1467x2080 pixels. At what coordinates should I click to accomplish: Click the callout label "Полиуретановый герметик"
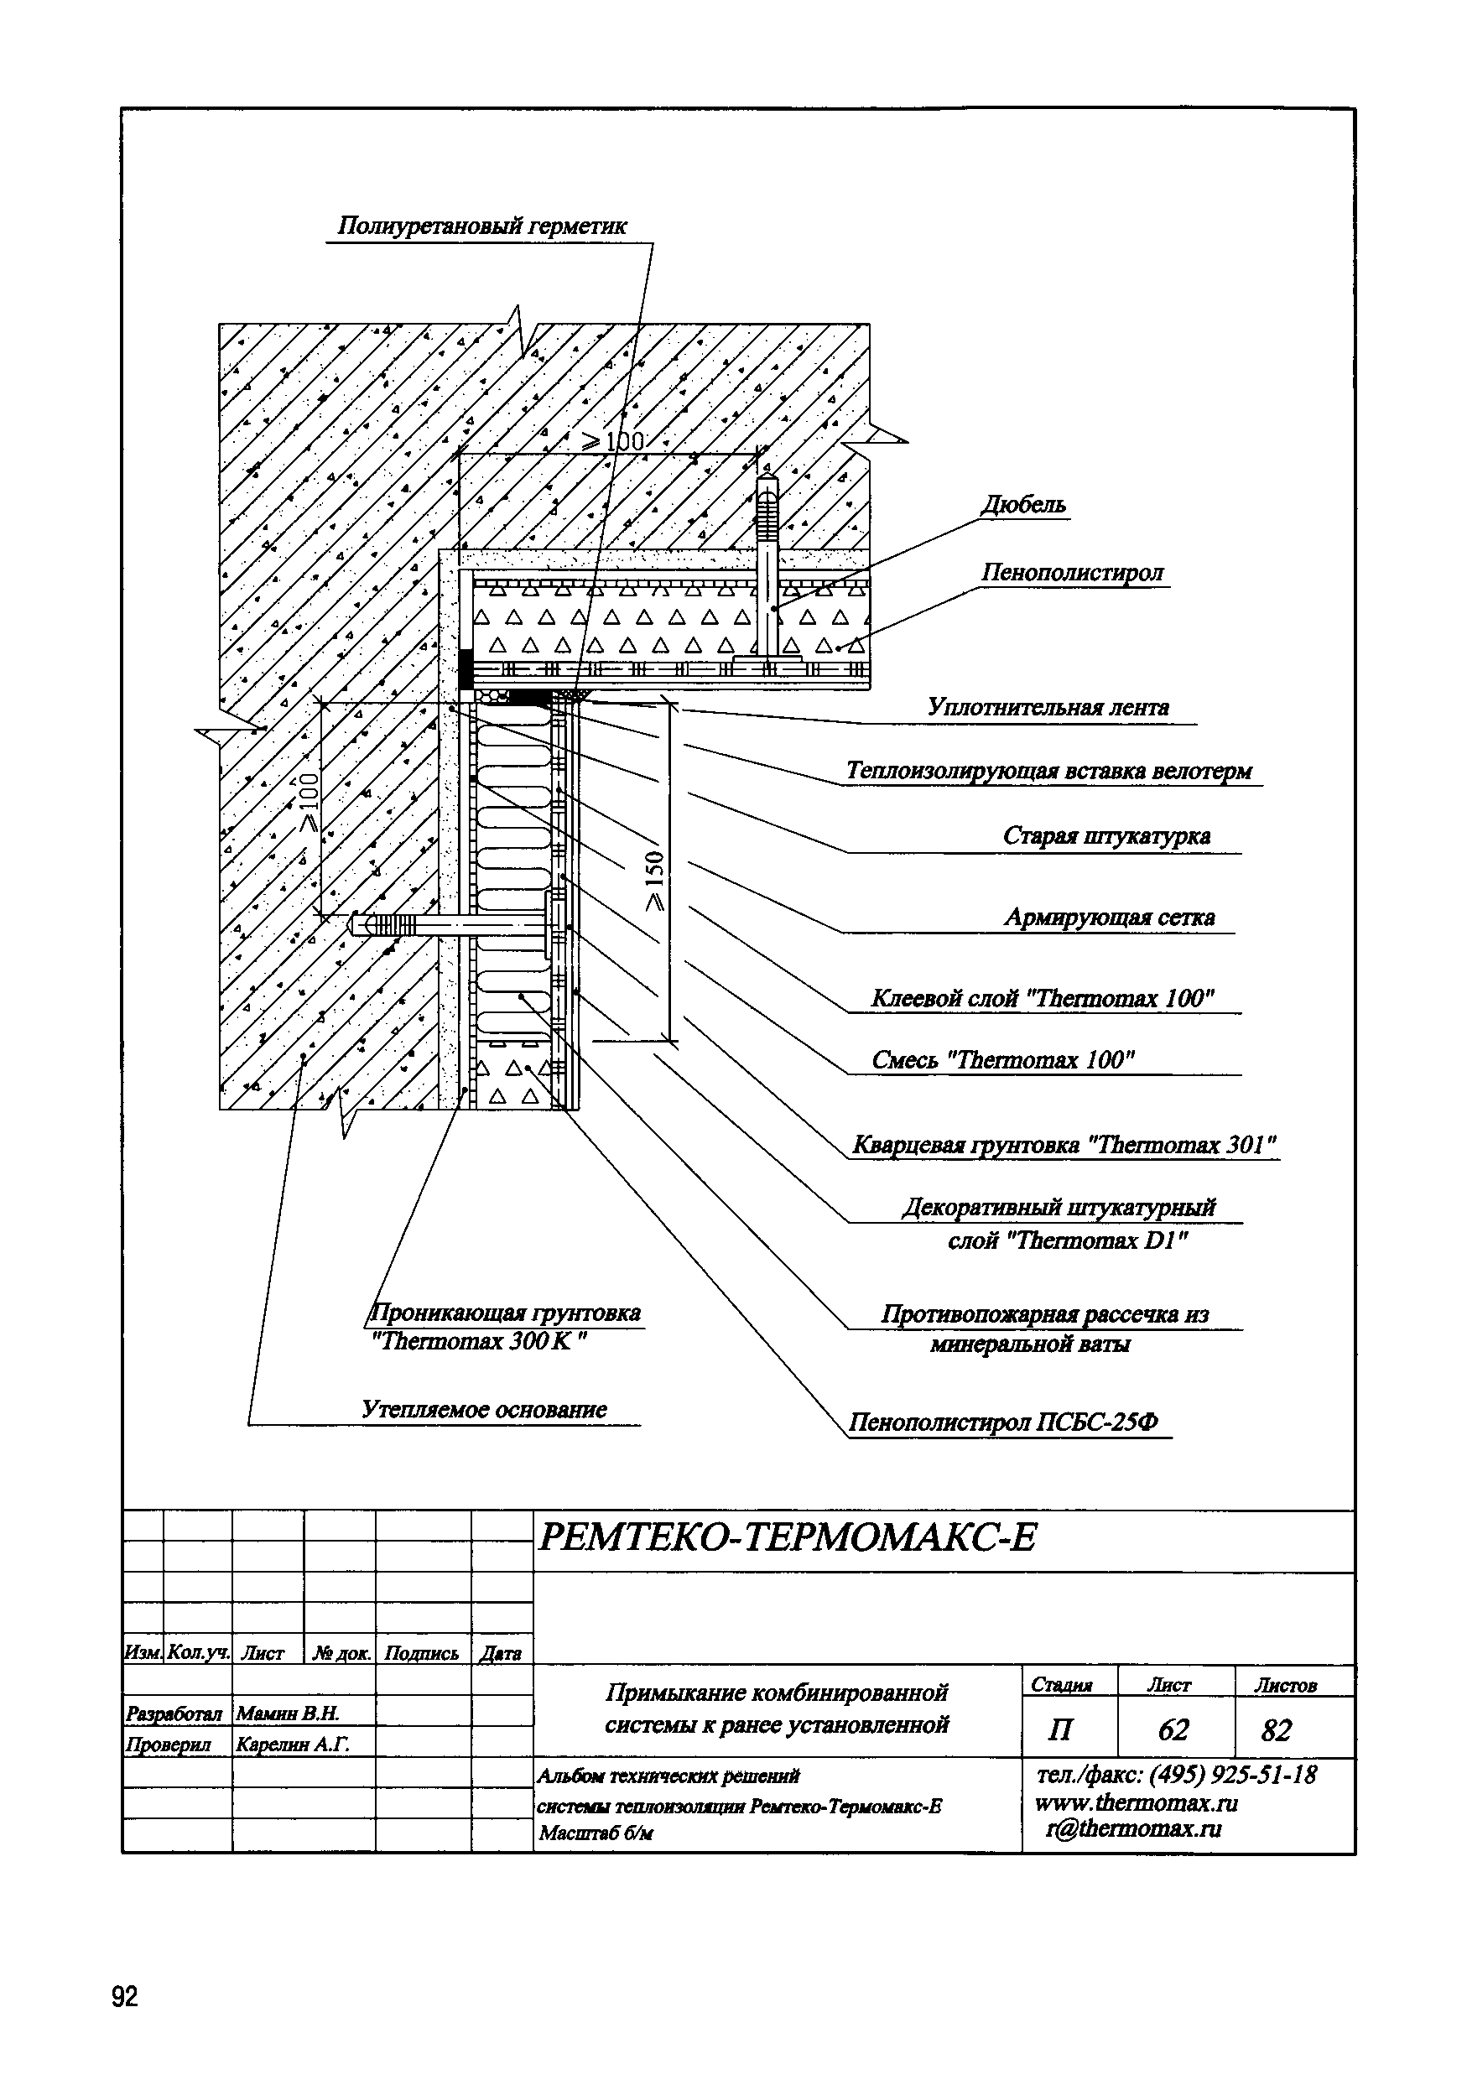coord(481,226)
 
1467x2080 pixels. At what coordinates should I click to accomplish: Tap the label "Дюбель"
coord(1024,505)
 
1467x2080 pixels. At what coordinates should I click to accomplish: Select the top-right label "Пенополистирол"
coord(1073,573)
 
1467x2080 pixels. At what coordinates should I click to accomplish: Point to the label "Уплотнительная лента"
coord(1048,708)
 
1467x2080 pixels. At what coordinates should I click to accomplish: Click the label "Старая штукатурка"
coord(1106,835)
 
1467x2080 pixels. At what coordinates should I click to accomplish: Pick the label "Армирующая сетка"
coord(1109,918)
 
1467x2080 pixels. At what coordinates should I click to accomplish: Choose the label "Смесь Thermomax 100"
coord(1003,1060)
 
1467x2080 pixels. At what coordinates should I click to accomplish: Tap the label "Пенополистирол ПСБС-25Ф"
coord(1003,1422)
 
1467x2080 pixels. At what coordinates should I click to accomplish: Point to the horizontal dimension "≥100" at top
coord(613,442)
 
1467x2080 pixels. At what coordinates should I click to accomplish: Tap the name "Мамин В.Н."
coord(287,1713)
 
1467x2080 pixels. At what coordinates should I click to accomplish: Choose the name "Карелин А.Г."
coord(292,1744)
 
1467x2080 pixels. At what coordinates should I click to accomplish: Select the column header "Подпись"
coord(421,1653)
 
